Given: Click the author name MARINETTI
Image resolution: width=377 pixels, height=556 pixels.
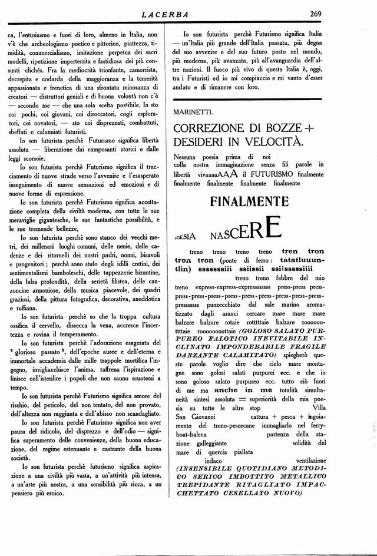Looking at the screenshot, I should (193, 111).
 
